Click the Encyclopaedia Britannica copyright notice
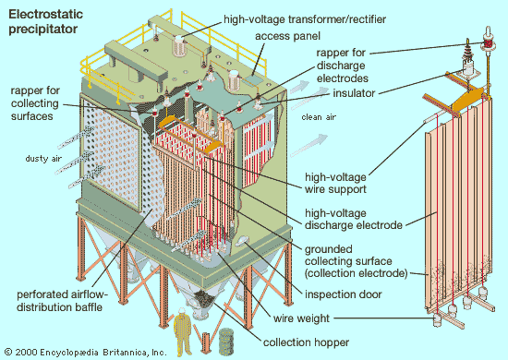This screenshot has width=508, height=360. (x=85, y=352)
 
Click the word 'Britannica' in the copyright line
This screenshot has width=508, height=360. (x=128, y=352)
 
